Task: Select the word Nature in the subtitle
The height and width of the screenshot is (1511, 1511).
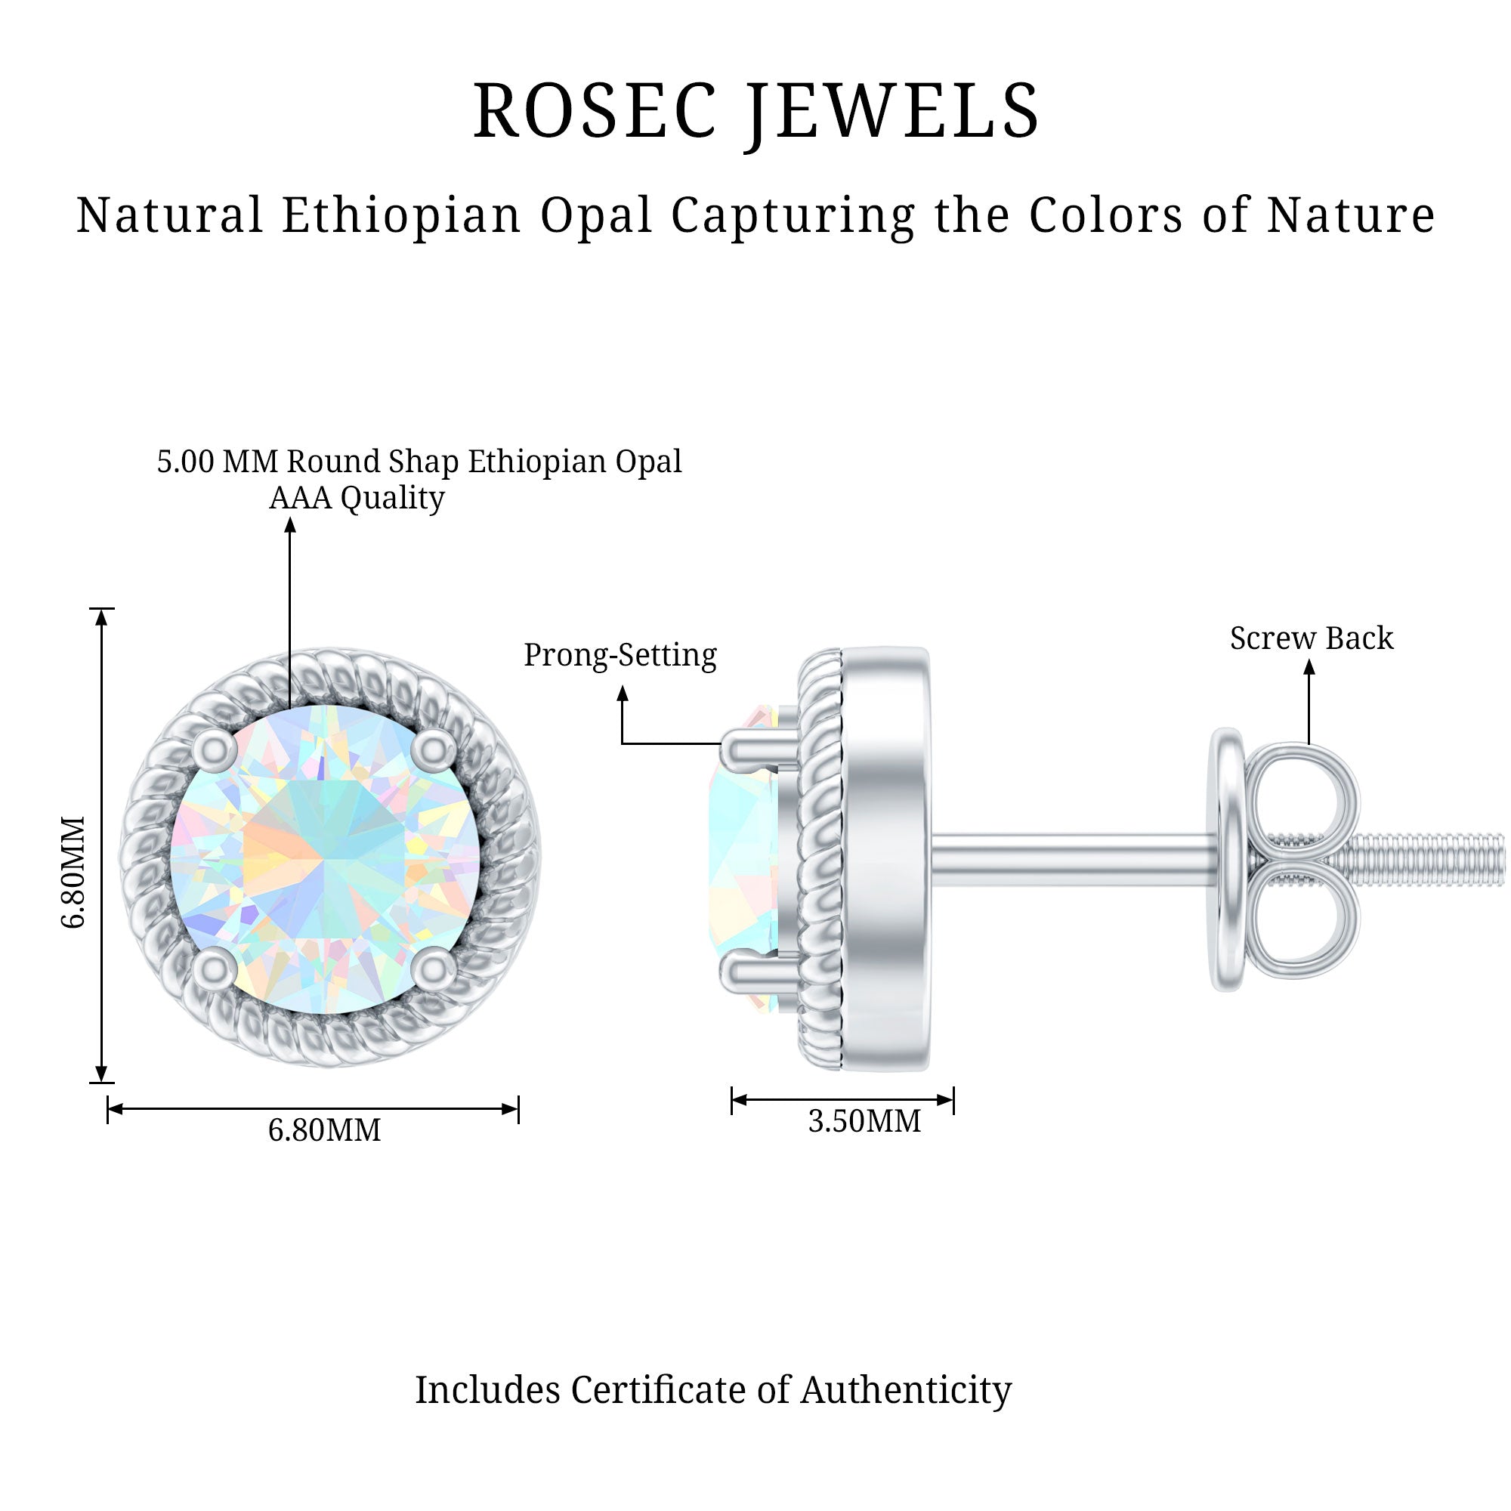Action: [1351, 215]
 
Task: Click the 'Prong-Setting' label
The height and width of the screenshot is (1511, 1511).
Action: [620, 655]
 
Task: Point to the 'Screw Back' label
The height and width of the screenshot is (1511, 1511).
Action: [1311, 638]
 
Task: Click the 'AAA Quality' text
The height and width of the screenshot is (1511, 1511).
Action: [357, 497]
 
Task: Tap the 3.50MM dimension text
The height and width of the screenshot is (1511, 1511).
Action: [864, 1121]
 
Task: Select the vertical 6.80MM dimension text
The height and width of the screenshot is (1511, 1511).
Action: [73, 872]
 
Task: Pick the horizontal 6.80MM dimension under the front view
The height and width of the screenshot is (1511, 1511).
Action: [324, 1130]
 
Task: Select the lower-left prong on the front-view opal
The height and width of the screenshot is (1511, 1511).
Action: [215, 970]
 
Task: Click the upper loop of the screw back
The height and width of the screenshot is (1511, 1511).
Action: [1302, 799]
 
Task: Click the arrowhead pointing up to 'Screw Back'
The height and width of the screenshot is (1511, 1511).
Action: [1309, 667]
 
